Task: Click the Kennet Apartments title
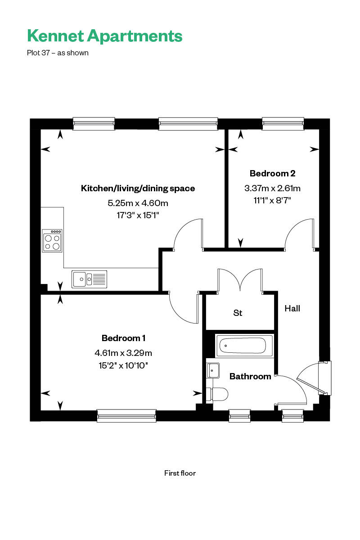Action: (x=105, y=36)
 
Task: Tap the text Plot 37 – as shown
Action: (x=58, y=53)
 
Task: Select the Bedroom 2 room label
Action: (x=273, y=173)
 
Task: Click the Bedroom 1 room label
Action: (x=123, y=338)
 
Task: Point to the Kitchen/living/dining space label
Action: (x=138, y=188)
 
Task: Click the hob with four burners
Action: (x=52, y=240)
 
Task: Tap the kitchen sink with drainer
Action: (x=89, y=279)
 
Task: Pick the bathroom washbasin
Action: (x=213, y=370)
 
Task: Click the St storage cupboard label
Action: (x=238, y=313)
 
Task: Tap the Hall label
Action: (x=292, y=309)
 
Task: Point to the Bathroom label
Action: (x=250, y=376)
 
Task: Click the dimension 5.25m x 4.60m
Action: (x=138, y=203)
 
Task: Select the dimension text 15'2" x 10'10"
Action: (x=123, y=365)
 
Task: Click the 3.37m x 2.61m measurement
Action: (x=273, y=188)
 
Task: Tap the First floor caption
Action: (x=180, y=473)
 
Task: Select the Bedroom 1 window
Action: (x=126, y=416)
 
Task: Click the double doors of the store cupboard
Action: (x=240, y=282)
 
